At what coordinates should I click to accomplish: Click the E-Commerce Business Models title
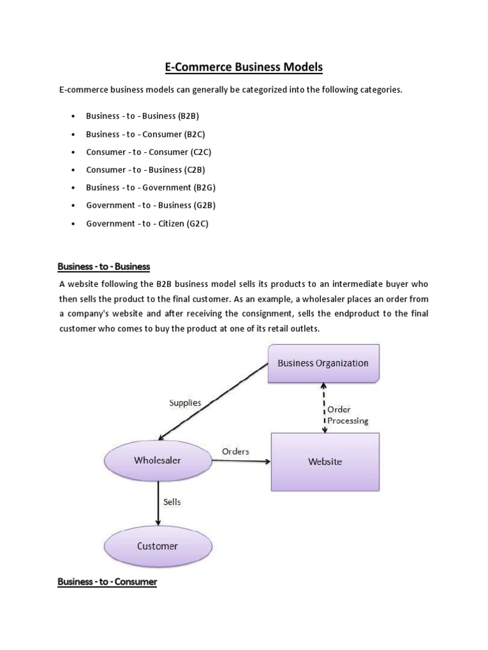243,67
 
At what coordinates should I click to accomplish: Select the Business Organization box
323,364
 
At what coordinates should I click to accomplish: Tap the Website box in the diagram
325,461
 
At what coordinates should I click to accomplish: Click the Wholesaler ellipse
157,460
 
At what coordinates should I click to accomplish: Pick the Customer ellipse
157,546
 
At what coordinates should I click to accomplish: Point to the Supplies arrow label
185,402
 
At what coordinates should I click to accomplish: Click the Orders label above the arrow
235,451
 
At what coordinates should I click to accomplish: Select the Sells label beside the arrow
172,501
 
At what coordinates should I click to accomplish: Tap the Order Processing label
347,415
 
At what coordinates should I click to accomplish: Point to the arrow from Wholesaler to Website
241,461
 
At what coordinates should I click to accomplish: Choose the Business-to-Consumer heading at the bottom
107,581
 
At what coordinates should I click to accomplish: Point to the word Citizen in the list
170,223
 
